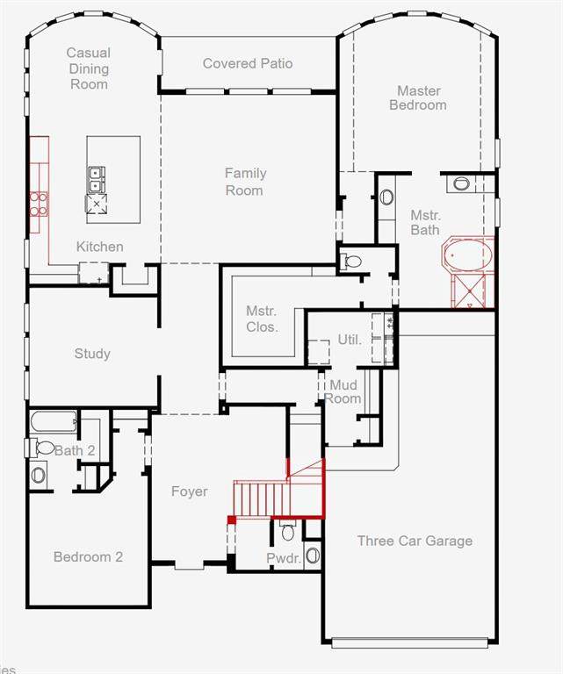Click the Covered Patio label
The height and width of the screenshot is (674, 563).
point(248,63)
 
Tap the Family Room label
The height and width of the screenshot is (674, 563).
point(245,182)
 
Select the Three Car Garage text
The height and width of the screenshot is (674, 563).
point(415,541)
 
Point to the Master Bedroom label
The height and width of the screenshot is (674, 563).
point(418,98)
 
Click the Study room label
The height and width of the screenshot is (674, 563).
point(92,354)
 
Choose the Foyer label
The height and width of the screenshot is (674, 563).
point(189,491)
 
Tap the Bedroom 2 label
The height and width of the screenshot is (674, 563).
point(88,557)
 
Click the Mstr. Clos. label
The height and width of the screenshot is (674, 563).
point(262,319)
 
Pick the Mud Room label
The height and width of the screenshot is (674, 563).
point(343,391)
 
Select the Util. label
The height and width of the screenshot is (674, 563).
point(350,340)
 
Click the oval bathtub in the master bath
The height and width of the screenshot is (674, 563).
point(468,255)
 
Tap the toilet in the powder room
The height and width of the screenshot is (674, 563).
point(288,531)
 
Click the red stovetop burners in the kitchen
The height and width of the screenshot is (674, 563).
point(39,204)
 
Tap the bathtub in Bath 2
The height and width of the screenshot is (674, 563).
point(54,422)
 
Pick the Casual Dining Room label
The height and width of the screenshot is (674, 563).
point(89,68)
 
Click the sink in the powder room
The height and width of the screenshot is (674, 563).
point(313,556)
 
